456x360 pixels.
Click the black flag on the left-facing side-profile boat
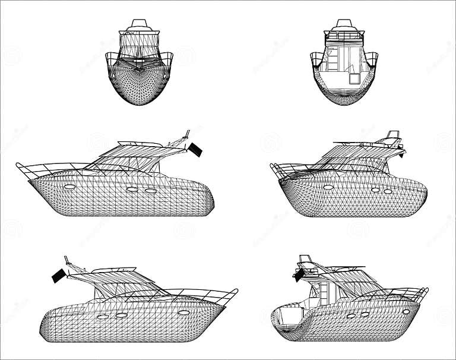195,150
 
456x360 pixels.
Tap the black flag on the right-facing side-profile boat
58,276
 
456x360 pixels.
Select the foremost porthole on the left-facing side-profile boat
70,187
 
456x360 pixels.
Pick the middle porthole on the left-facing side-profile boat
132,190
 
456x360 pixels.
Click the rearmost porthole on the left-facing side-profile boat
151,191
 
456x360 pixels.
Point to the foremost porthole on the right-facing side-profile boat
183,312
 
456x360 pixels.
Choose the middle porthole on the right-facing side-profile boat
122,315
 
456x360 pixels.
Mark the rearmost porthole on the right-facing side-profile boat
103,317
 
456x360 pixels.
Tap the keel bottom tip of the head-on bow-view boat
140,105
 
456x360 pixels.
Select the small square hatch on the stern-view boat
354,77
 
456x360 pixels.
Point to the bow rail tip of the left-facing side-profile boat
18,165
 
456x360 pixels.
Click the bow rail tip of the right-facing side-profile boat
236,290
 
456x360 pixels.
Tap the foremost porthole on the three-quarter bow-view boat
328,187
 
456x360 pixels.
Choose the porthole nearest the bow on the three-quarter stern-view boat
406,311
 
